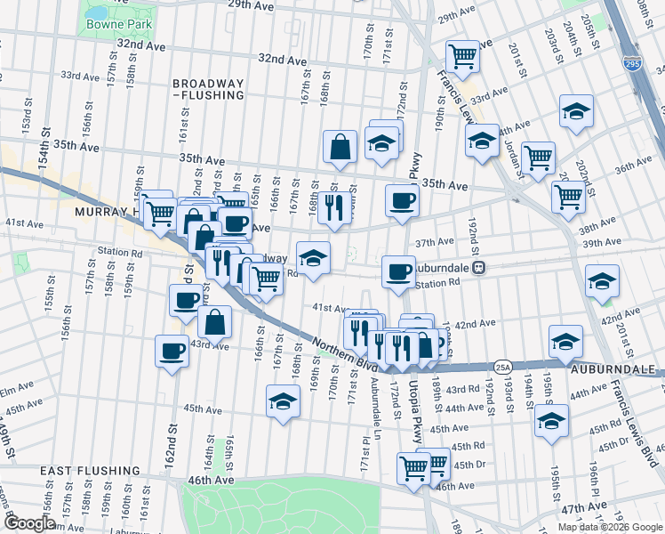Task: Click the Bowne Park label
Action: pyautogui.click(x=116, y=24)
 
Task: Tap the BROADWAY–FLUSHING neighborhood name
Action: pyautogui.click(x=208, y=87)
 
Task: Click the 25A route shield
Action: pyautogui.click(x=503, y=366)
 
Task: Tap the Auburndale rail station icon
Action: pyautogui.click(x=478, y=266)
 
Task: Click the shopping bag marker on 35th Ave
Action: pyautogui.click(x=341, y=148)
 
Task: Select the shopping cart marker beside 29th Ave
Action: pyautogui.click(x=463, y=58)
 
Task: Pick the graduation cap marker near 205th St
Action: pyautogui.click(x=576, y=112)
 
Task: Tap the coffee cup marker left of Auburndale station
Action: pyautogui.click(x=398, y=271)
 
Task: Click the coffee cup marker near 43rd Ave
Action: pyautogui.click(x=172, y=350)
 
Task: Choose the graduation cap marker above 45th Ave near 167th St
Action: pyautogui.click(x=283, y=401)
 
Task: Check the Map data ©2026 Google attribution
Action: pyautogui.click(x=609, y=527)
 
